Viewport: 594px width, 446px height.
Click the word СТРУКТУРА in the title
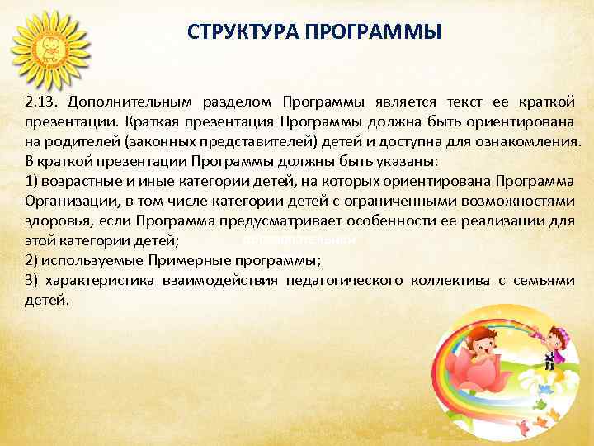point(239,32)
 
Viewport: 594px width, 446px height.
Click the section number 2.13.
point(42,102)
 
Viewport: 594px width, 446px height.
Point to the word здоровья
point(54,221)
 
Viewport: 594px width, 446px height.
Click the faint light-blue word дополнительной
point(299,240)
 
